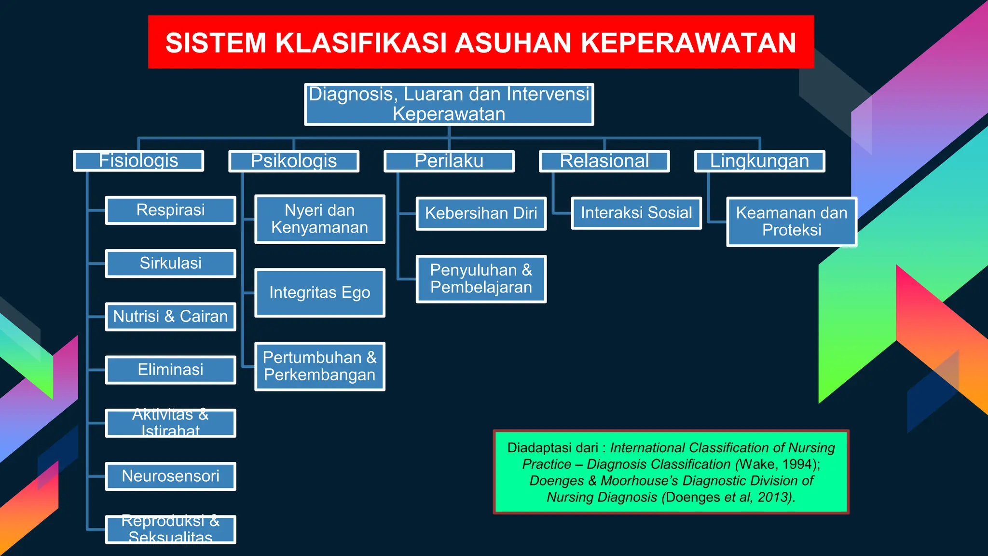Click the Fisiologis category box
tap(138, 161)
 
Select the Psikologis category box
tap(294, 161)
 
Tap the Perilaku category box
tap(449, 161)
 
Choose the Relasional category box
tap(604, 161)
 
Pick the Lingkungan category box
tap(760, 161)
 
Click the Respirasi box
tap(170, 210)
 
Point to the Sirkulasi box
tap(170, 264)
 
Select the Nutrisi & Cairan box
tap(170, 317)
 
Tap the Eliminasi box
tap(170, 370)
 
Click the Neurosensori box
tap(170, 476)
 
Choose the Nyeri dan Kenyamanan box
tap(320, 219)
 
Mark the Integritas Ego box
tap(320, 292)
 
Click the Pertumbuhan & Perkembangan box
tap(320, 366)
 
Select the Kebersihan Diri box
tap(481, 213)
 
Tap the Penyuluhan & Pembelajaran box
tap(481, 279)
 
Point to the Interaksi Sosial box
tap(636, 213)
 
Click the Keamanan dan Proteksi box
tap(792, 222)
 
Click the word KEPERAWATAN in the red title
tap(688, 43)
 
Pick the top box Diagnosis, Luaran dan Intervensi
tap(449, 104)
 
